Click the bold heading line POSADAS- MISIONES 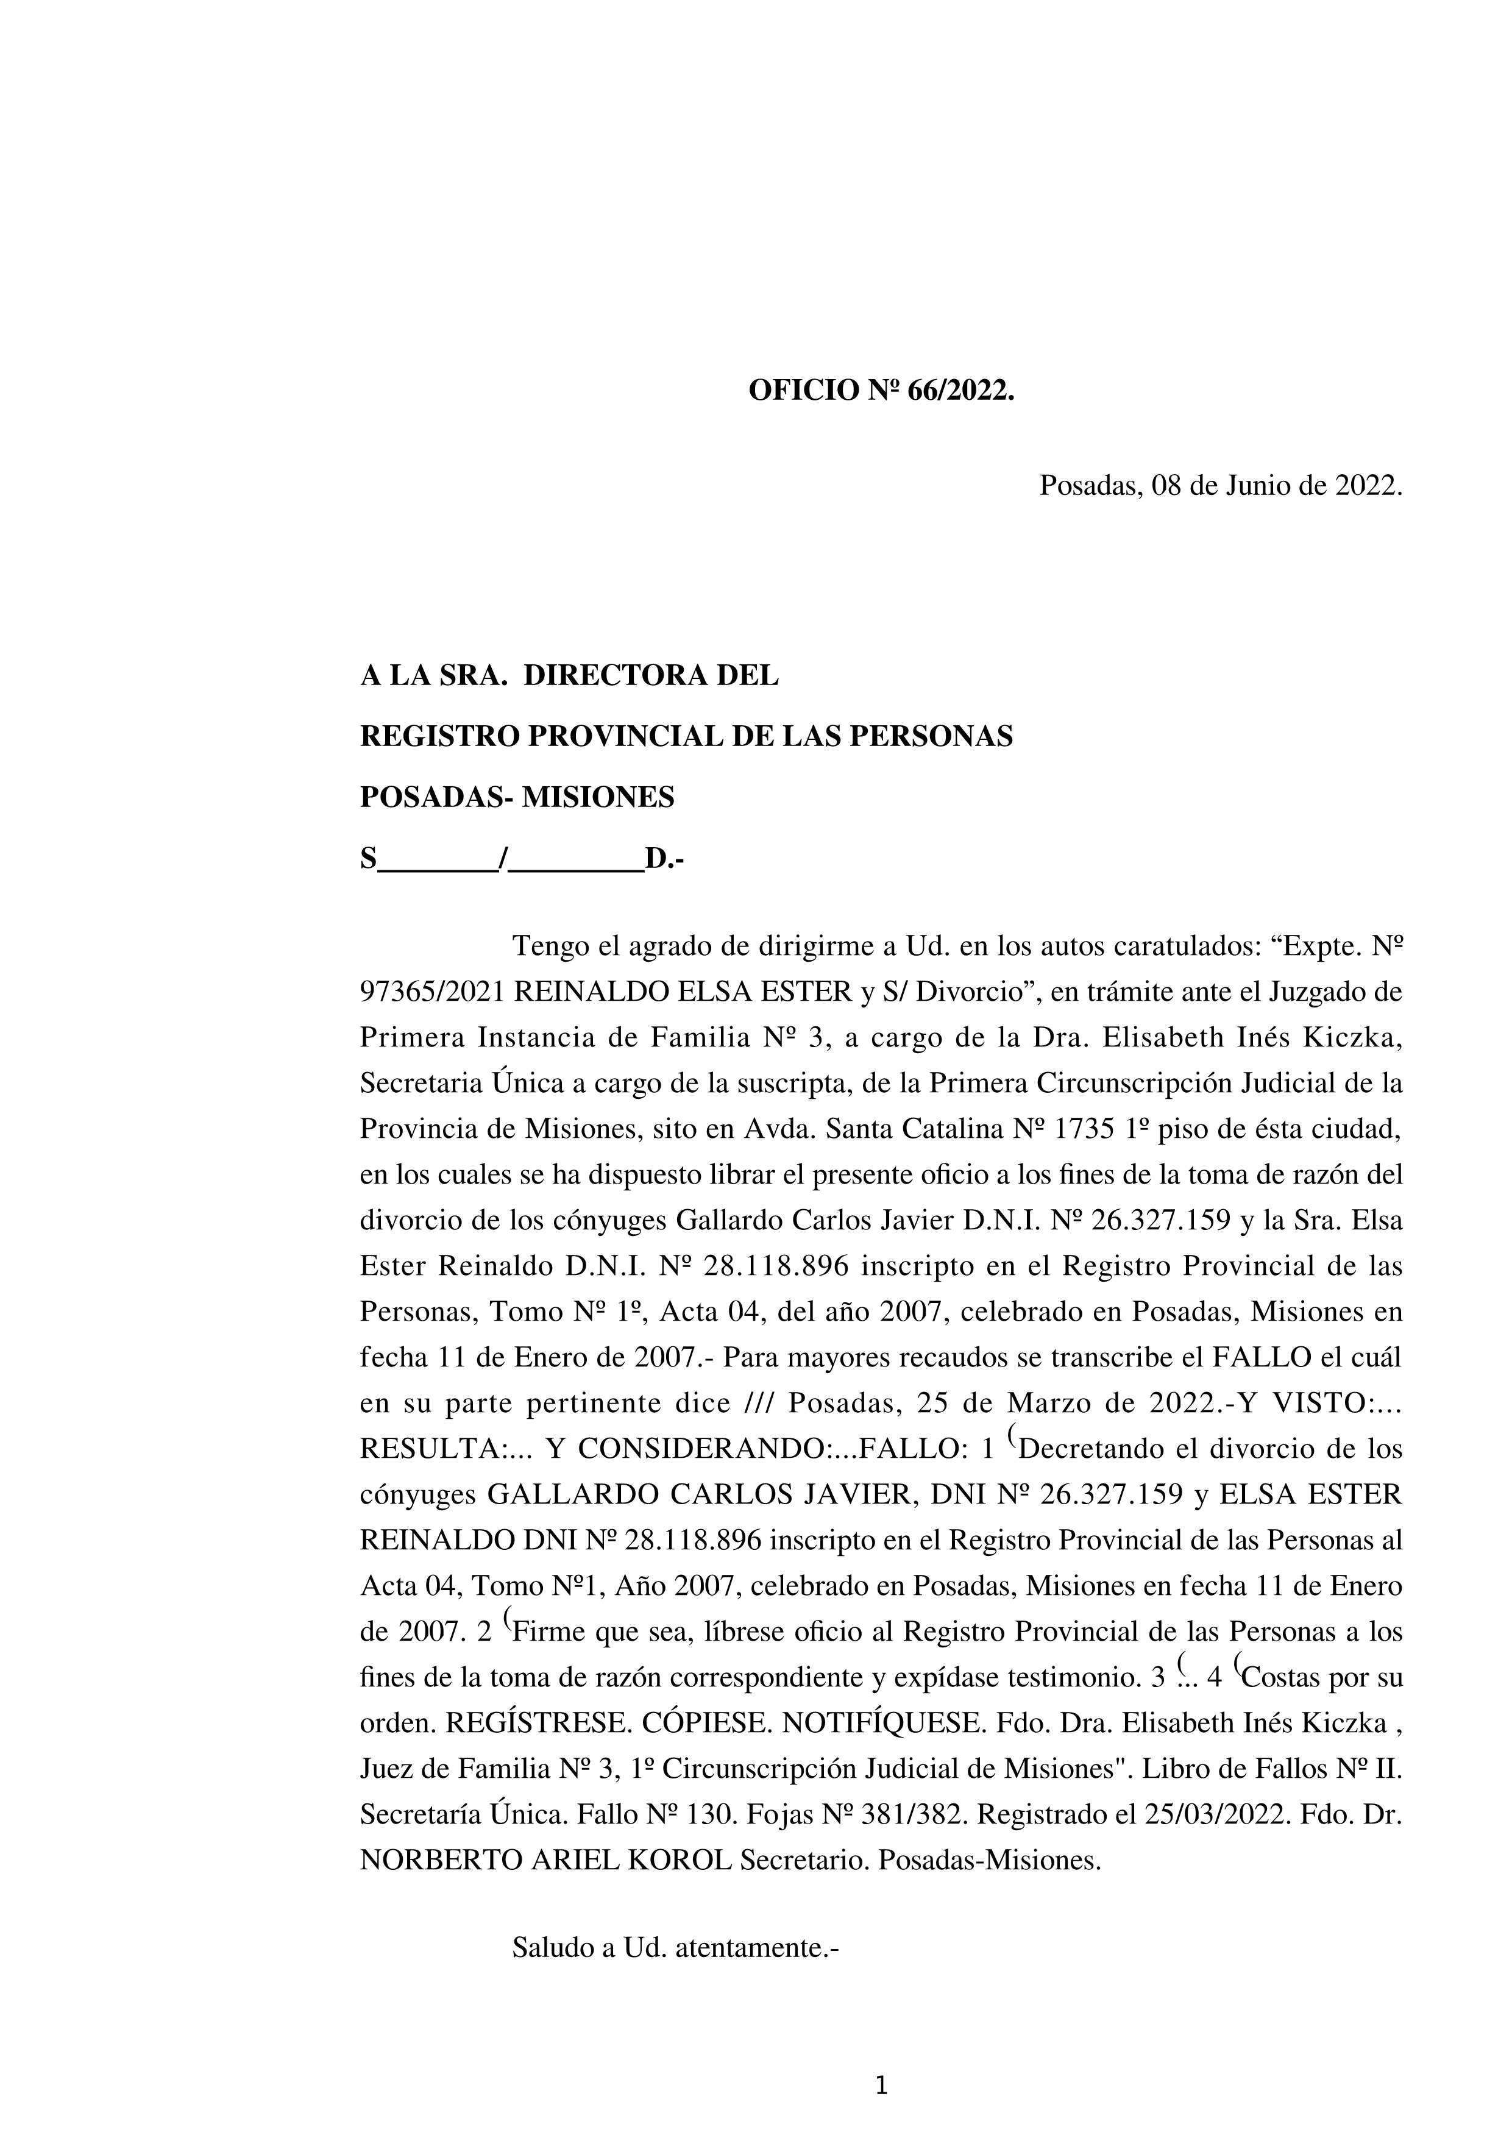click(x=517, y=797)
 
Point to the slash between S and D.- click(x=503, y=859)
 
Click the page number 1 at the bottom click(x=882, y=2087)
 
